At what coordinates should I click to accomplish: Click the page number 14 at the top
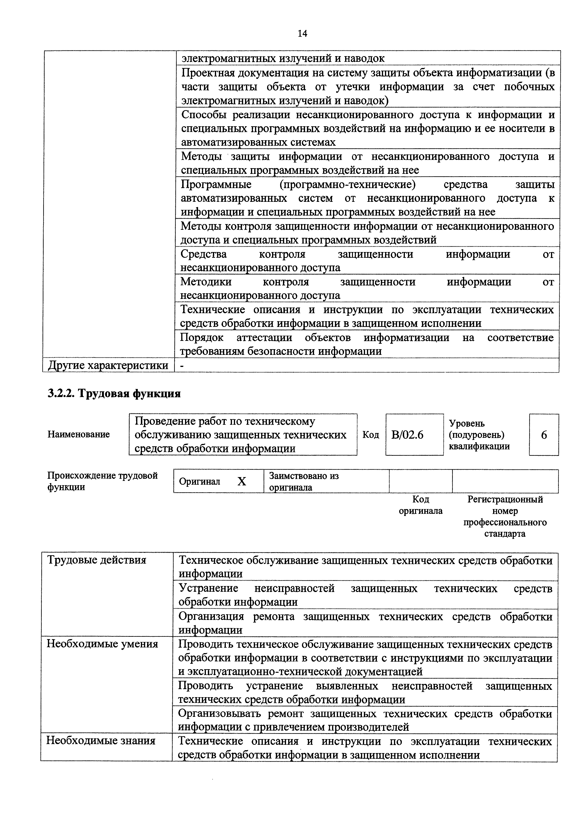302,34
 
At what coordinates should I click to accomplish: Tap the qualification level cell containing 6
544,435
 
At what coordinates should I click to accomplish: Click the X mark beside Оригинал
242,481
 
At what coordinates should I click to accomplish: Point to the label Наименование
79,434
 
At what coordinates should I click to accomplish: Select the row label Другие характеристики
108,366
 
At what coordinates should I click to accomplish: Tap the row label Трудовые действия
97,560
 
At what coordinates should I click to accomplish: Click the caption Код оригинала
421,505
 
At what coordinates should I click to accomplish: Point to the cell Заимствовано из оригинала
304,481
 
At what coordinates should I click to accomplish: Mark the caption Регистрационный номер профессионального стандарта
505,516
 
